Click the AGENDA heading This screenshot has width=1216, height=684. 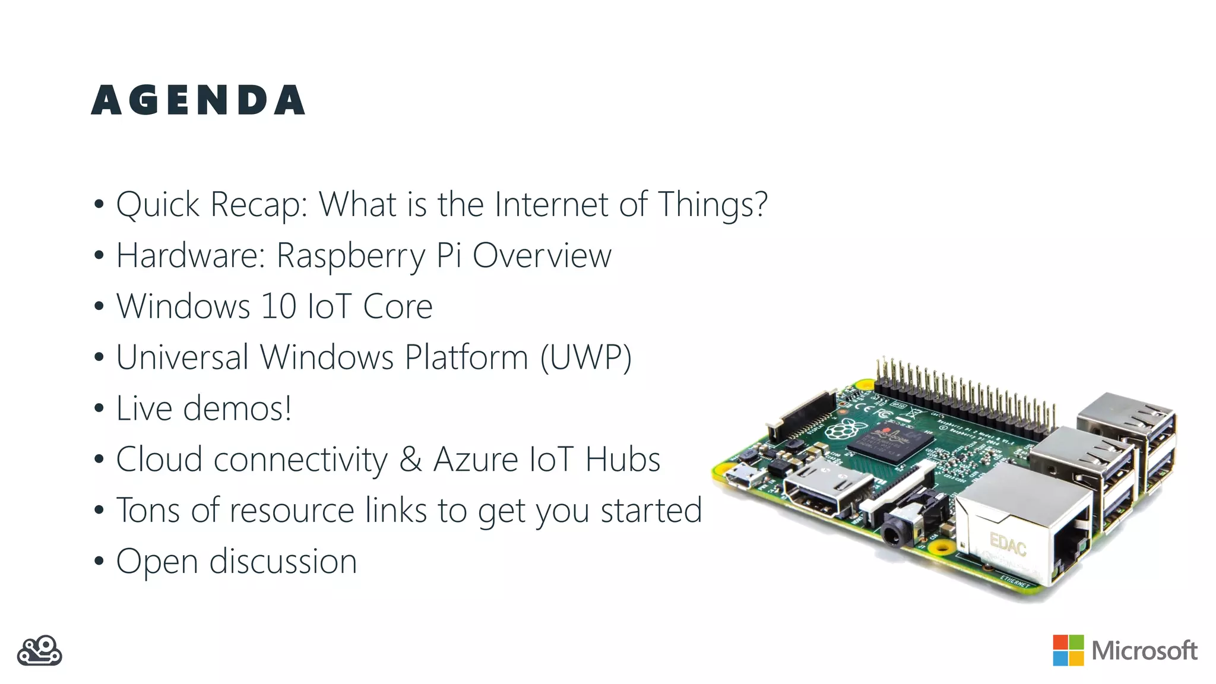tap(198, 100)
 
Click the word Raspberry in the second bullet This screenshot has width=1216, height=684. tap(351, 256)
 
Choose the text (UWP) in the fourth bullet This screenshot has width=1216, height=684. tap(585, 357)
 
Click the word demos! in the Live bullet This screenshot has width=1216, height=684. tap(237, 408)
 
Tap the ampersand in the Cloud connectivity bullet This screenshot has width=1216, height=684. tap(410, 460)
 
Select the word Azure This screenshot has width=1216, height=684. tap(476, 460)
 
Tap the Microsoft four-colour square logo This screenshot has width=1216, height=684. tap(1068, 650)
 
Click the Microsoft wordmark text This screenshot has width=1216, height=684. tap(1144, 651)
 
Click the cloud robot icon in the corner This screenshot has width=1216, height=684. tap(40, 651)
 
